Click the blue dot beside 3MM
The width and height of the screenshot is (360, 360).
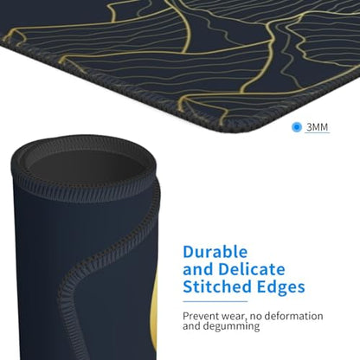tap(297, 127)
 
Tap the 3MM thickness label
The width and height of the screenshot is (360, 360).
tap(318, 127)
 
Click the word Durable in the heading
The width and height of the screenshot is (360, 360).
tap(215, 252)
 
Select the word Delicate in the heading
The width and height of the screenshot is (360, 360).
tap(252, 269)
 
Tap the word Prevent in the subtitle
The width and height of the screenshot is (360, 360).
tap(201, 316)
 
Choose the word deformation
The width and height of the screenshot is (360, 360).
tap(293, 316)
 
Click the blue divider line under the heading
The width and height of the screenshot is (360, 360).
tap(215, 302)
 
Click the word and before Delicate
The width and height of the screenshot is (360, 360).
tap(199, 270)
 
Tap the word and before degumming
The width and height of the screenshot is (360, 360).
tap(191, 326)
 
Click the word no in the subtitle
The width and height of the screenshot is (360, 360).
tap(255, 317)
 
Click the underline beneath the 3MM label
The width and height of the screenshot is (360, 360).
tap(317, 132)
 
